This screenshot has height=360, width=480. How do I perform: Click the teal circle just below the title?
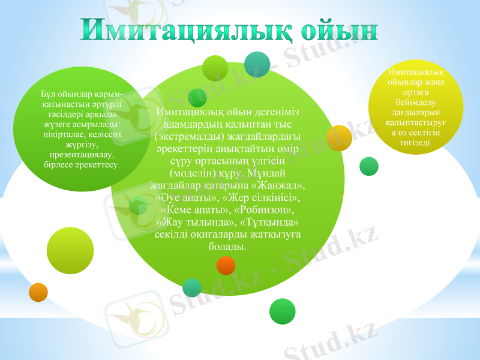coord(257,65)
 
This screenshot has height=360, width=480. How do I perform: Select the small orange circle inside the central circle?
coord(226,265)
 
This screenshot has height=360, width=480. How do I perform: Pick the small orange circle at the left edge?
coord(38,292)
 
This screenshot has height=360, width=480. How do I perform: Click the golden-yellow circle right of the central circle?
coord(339,137)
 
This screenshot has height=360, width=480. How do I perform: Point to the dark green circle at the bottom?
coord(283,311)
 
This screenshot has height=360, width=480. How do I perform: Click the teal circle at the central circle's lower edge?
coord(192,288)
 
